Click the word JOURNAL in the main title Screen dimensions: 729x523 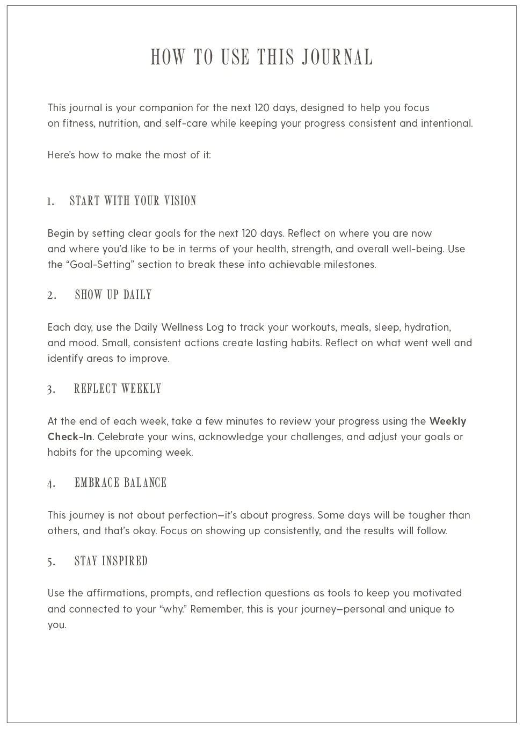pyautogui.click(x=337, y=57)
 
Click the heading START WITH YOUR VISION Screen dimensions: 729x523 pyautogui.click(x=133, y=201)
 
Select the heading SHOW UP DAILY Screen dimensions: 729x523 pyautogui.click(x=113, y=295)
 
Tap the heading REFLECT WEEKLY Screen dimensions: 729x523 pyautogui.click(x=118, y=389)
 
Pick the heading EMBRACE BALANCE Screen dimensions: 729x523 pyautogui.click(x=120, y=483)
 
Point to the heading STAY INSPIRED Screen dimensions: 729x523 pyautogui.click(x=111, y=561)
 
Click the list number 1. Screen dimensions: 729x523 pyautogui.click(x=50, y=202)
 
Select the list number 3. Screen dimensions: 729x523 pyautogui.click(x=51, y=390)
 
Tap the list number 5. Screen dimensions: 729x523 pyautogui.click(x=51, y=562)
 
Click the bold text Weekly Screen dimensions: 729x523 pyautogui.click(x=447, y=421)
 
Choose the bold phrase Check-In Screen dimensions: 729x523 pyautogui.click(x=70, y=437)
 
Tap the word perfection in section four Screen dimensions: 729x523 pyautogui.click(x=193, y=515)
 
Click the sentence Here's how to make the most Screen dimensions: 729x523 pyautogui.click(x=129, y=155)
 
